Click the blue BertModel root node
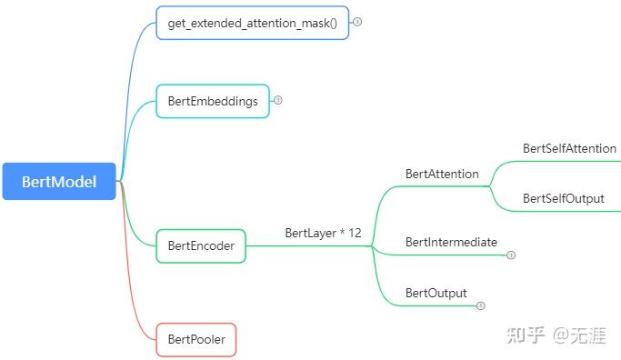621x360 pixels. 59,181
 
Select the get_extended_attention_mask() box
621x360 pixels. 252,23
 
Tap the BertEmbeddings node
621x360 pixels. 213,101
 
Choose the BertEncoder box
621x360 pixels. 201,245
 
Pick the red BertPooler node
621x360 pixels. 195,340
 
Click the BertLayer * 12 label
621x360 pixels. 323,234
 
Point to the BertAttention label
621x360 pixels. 442,174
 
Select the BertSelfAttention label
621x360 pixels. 569,148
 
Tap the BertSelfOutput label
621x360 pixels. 563,198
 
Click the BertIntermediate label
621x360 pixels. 451,242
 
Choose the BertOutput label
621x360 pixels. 436,293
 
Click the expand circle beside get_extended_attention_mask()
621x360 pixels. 357,22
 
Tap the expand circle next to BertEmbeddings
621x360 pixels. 278,101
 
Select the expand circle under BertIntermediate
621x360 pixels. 511,255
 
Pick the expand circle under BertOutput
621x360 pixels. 481,306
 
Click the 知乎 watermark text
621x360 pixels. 526,335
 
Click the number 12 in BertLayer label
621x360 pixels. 354,234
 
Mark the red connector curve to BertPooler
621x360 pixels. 136,273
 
